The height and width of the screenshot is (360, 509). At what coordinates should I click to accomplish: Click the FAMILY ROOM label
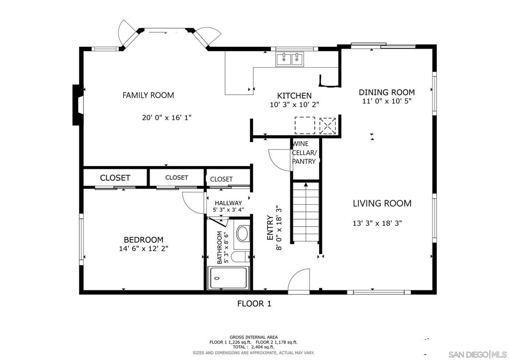coord(148,95)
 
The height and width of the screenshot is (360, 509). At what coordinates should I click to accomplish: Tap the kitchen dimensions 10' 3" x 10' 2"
coord(294,105)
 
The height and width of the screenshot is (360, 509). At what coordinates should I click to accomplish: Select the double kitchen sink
coord(290,60)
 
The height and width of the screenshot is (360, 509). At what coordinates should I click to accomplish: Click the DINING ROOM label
coord(387,92)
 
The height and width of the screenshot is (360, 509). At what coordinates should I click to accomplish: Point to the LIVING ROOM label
coord(382,203)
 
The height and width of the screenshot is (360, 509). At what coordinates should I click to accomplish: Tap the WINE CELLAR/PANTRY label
coord(304,153)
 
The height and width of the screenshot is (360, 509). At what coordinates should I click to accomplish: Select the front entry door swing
coord(298,279)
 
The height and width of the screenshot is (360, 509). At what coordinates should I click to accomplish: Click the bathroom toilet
coord(240,257)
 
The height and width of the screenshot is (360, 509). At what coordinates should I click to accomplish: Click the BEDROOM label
coord(144,240)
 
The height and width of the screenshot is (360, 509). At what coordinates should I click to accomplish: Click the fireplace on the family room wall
coord(77,104)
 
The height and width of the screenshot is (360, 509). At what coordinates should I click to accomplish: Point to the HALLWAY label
coord(228,203)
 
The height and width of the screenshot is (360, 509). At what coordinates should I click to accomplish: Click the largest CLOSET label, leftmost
coord(115,178)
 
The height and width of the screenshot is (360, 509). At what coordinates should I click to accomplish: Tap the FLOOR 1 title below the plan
coord(254,303)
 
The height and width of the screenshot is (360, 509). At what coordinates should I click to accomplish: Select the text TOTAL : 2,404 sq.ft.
coord(254,347)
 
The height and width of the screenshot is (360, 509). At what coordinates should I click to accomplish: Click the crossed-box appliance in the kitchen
coord(328,125)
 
